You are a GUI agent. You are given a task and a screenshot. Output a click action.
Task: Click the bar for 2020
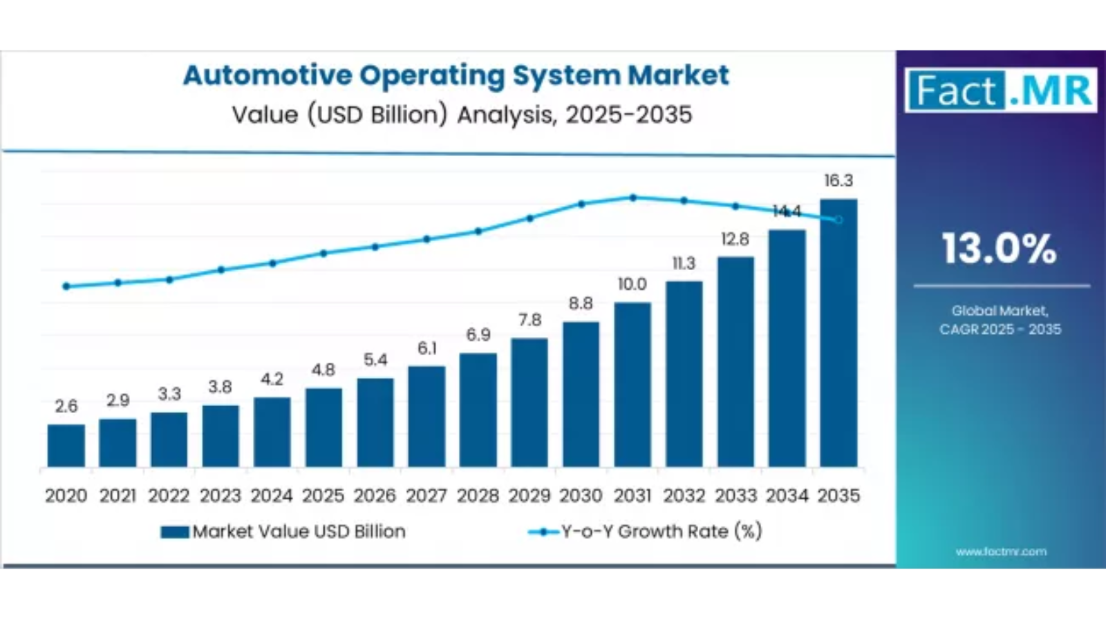(x=66, y=446)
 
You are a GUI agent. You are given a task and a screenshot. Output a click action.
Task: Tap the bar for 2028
(x=478, y=410)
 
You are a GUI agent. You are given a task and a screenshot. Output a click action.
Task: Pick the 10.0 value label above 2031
(x=632, y=285)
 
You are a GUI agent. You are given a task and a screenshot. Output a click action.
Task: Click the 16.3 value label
(x=838, y=181)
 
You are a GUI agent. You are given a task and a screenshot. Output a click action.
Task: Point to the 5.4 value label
(x=375, y=360)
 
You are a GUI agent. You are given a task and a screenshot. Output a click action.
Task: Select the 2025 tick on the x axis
(x=323, y=496)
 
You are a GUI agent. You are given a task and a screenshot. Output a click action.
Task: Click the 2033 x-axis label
(x=735, y=496)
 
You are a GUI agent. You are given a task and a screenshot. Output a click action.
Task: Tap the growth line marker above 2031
(x=633, y=198)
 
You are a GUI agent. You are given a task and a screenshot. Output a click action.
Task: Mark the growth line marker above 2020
(x=66, y=286)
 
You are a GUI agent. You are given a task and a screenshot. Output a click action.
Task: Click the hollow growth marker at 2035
(x=838, y=220)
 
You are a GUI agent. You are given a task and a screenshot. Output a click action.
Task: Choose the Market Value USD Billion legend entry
(x=283, y=531)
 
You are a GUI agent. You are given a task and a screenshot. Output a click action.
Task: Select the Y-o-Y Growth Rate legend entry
(x=646, y=531)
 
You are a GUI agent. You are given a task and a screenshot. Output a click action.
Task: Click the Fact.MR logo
(x=1000, y=91)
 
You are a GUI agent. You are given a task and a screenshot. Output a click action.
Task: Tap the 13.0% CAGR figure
(x=1000, y=249)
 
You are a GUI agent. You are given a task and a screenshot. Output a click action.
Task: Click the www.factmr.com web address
(x=1001, y=551)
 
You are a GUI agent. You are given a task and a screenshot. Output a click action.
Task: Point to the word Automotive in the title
(x=267, y=75)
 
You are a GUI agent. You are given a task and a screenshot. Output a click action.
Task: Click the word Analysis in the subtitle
(x=506, y=115)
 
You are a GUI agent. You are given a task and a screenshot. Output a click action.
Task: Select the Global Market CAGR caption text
(x=1000, y=320)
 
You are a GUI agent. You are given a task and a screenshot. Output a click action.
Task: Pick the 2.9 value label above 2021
(x=118, y=400)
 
